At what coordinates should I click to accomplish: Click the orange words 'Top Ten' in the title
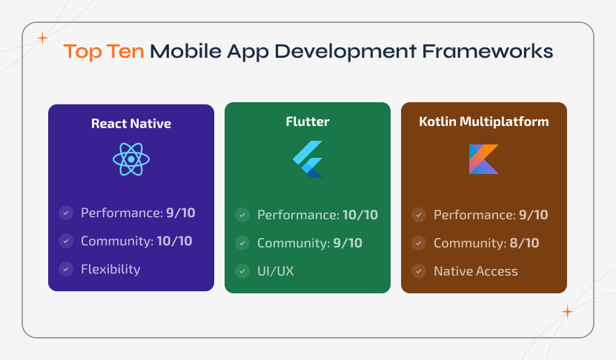104,52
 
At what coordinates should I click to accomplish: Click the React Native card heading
131,124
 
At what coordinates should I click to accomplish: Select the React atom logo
131,159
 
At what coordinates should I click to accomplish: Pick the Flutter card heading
308,121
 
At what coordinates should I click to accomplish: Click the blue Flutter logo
308,159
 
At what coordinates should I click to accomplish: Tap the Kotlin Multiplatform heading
484,121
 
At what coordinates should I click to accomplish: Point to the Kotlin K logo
484,159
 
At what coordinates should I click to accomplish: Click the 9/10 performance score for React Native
181,213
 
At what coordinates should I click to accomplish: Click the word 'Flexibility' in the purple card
110,269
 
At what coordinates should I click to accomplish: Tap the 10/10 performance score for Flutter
360,216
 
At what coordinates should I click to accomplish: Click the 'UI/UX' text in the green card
276,271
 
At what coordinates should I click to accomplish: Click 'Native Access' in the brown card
476,271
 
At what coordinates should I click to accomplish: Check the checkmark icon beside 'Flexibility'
66,269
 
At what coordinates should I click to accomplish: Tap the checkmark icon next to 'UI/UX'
242,271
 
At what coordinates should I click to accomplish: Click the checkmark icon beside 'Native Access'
419,271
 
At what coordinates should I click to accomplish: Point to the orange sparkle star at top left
42,37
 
